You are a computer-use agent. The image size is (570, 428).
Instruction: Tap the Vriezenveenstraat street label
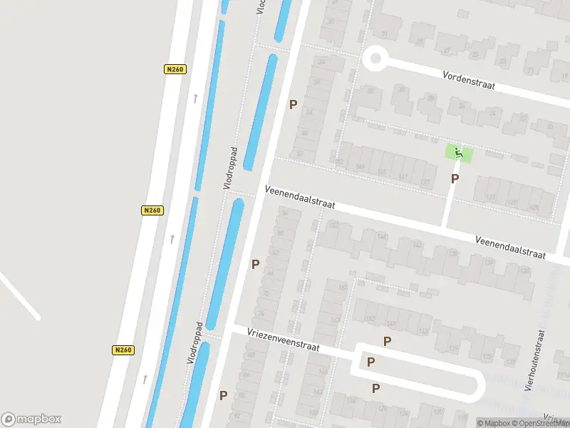pos(284,340)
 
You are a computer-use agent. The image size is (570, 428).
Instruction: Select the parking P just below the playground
pos(455,179)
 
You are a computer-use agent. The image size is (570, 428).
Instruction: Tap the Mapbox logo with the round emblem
pos(31,419)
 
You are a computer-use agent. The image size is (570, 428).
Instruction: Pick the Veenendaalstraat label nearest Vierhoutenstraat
pos(510,248)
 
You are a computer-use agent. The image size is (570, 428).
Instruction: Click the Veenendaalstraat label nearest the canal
pos(299,199)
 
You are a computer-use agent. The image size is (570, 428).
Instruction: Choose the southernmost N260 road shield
pos(123,350)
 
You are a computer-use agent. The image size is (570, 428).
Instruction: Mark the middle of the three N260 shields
pos(152,210)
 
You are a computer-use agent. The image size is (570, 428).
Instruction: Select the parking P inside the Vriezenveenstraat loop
pos(370,362)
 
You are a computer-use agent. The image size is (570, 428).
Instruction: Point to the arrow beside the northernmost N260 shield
pos(195,98)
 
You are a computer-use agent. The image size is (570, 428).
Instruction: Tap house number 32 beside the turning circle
pos(369,91)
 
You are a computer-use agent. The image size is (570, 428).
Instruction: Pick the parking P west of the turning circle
pos(292,105)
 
